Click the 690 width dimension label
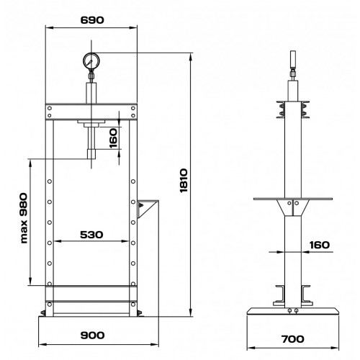[x=92, y=20]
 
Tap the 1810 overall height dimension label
[x=184, y=181]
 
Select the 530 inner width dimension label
[x=91, y=235]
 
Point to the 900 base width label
[x=92, y=335]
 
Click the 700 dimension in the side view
[x=293, y=339]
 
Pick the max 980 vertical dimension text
[x=24, y=218]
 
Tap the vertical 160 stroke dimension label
[x=113, y=138]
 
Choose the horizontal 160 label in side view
[x=320, y=245]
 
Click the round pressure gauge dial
[x=91, y=61]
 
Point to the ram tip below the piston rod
[x=91, y=153]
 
